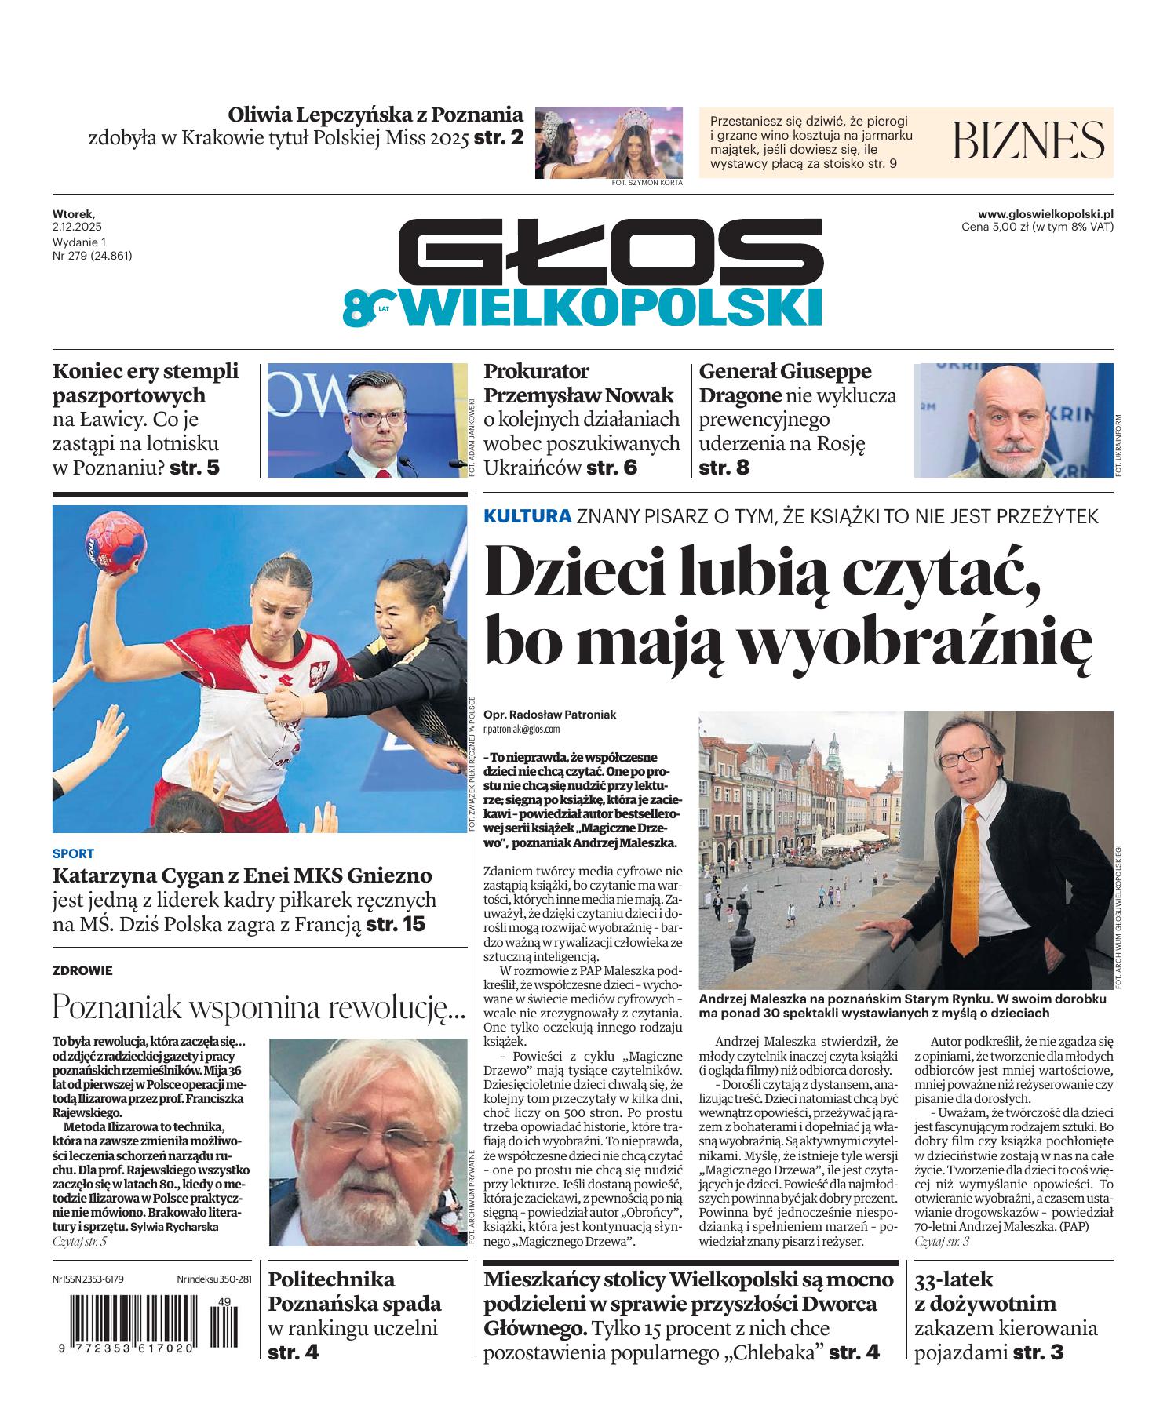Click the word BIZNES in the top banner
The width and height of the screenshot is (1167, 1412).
1028,140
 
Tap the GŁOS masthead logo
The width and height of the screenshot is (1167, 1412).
610,252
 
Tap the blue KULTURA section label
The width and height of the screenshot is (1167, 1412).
527,517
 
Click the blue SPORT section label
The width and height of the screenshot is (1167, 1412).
73,853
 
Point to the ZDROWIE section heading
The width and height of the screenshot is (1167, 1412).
82,970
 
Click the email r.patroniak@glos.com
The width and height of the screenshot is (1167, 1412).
521,729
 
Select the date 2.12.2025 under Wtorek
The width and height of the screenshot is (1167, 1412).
73,226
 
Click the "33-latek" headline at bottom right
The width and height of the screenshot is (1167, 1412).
954,1280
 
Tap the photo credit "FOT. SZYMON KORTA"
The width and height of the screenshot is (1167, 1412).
647,183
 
